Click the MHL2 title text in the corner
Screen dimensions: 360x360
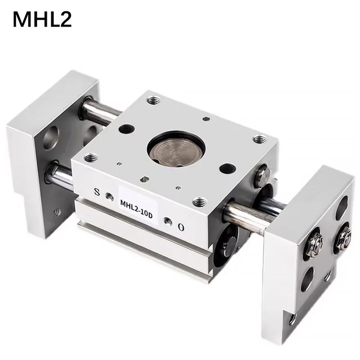coord(42,19)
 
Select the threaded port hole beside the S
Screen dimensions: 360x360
coord(109,196)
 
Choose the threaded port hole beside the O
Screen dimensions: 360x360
coord(168,220)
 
